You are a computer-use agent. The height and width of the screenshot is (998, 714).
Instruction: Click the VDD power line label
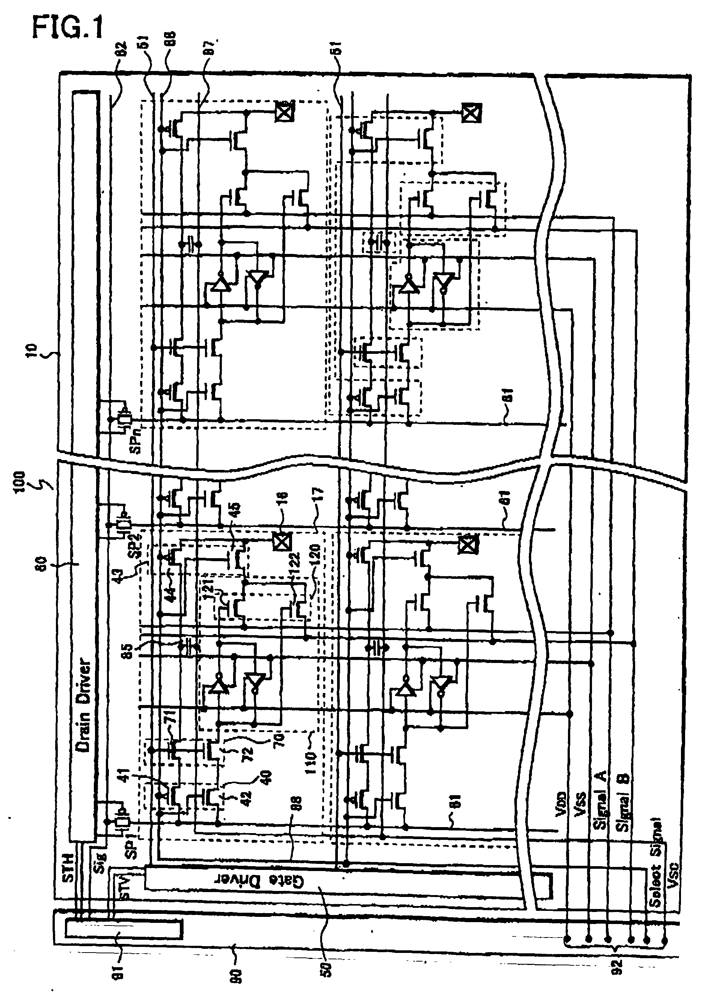(562, 810)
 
